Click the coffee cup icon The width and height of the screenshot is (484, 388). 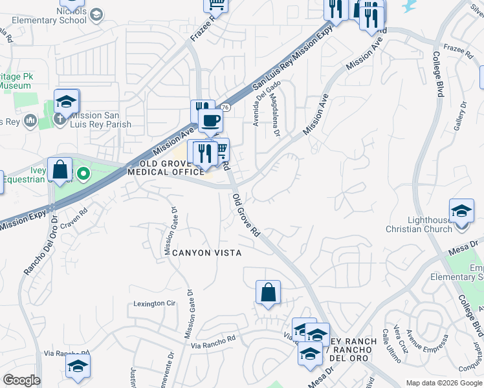pyautogui.click(x=210, y=121)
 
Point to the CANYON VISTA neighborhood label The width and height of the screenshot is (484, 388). pyautogui.click(x=206, y=253)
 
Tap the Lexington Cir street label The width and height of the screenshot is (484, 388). pyautogui.click(x=155, y=303)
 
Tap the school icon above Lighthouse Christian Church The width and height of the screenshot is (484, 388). pyautogui.click(x=461, y=211)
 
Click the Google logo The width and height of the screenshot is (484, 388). pyautogui.click(x=21, y=380)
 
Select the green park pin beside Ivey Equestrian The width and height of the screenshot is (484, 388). pyautogui.click(x=83, y=174)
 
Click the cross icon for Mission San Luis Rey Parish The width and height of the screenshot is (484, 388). pyautogui.click(x=59, y=119)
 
